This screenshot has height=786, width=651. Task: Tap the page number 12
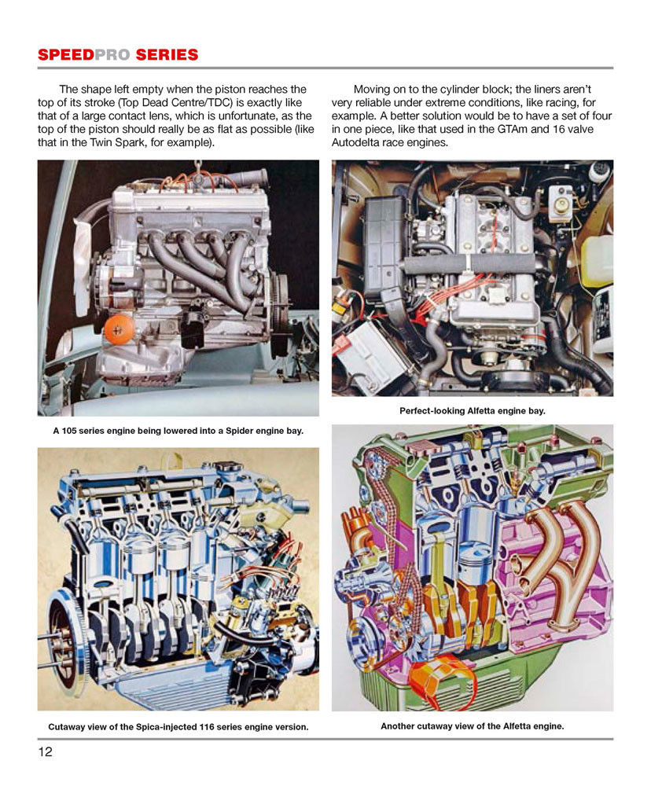pyautogui.click(x=46, y=751)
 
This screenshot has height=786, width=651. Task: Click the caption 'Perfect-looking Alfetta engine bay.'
pyautogui.click(x=472, y=410)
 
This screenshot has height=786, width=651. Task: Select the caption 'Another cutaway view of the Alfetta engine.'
pyautogui.click(x=472, y=726)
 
